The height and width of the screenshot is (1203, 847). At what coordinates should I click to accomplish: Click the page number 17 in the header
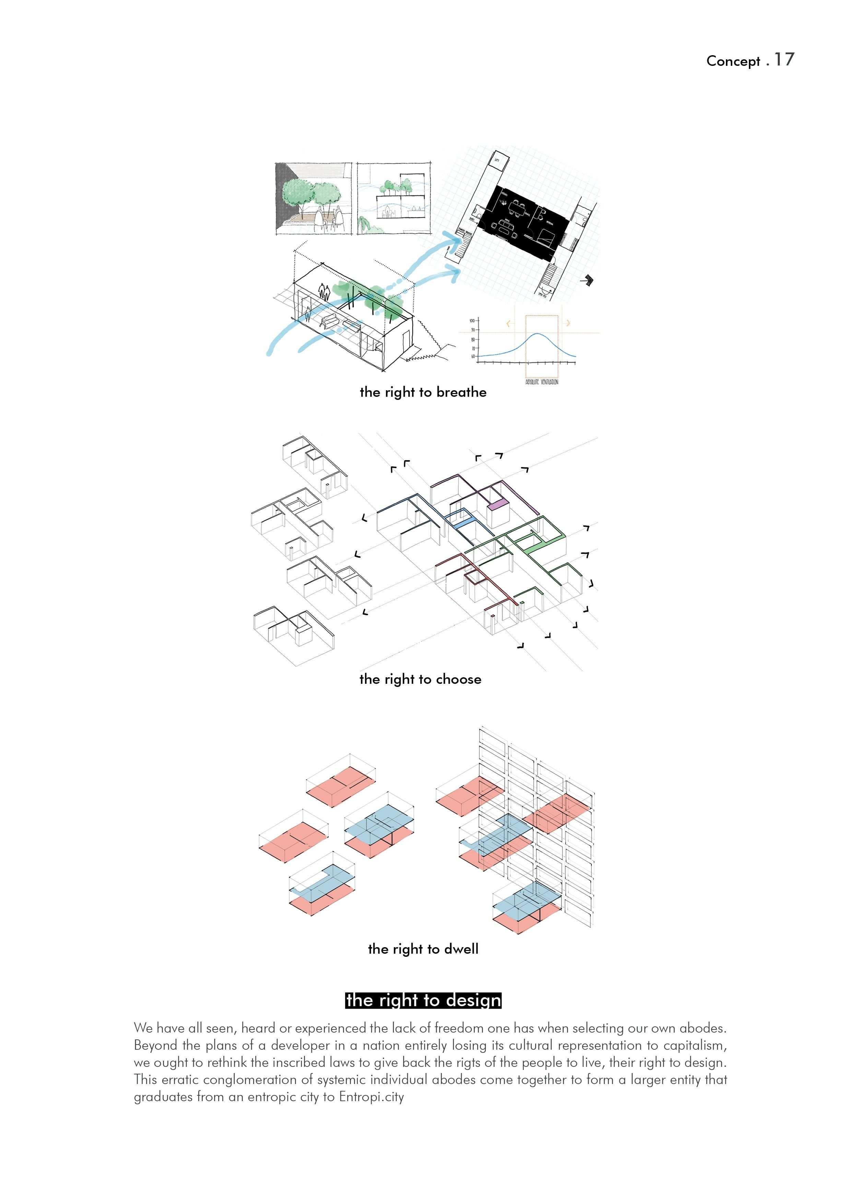pos(784,59)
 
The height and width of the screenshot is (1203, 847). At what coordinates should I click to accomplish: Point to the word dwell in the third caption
pos(461,949)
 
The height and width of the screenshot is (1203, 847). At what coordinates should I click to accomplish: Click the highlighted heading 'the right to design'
pos(423,1000)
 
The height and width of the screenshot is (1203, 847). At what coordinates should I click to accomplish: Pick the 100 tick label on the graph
pos(472,321)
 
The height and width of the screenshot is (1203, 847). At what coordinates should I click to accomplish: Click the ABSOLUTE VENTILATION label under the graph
pos(542,382)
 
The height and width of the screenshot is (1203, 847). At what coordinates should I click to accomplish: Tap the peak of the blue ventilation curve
pos(538,334)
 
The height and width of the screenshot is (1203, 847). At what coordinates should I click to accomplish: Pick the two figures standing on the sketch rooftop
pos(325,291)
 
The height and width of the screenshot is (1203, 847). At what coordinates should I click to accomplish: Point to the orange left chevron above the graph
pos(508,323)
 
